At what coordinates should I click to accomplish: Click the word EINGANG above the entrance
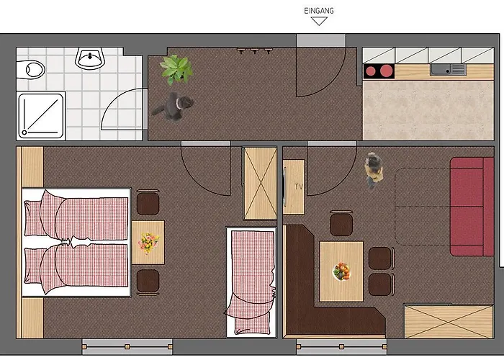[x=319, y=11]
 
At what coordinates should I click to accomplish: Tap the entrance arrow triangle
[x=319, y=21]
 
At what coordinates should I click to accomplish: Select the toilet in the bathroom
[x=30, y=69]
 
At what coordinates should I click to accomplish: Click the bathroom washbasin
[x=90, y=58]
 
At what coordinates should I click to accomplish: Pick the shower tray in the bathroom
[x=41, y=116]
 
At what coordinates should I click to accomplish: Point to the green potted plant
[x=176, y=69]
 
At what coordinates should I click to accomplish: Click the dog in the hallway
[x=174, y=106]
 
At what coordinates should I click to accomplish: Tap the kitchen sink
[x=448, y=69]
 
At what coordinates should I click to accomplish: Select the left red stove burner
[x=371, y=71]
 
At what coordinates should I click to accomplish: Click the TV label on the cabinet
[x=299, y=186]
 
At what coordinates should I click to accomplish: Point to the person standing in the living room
[x=374, y=171]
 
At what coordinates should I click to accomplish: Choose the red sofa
[x=472, y=207]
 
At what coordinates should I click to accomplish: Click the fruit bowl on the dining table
[x=341, y=271]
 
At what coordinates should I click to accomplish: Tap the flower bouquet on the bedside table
[x=148, y=243]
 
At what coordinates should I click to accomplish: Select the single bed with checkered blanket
[x=251, y=283]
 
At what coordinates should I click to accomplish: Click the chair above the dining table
[x=341, y=223]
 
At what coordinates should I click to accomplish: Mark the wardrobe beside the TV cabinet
[x=261, y=183]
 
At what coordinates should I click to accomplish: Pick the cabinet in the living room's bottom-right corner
[x=449, y=321]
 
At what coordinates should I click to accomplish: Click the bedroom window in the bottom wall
[x=127, y=346]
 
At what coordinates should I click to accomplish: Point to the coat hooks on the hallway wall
[x=255, y=50]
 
